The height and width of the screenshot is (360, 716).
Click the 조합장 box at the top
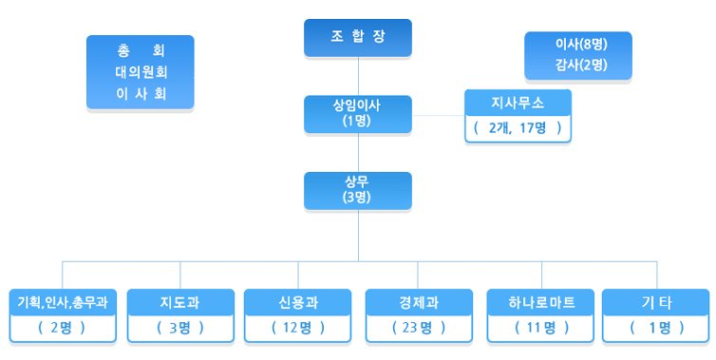click(357, 38)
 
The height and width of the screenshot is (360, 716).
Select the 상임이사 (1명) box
click(357, 113)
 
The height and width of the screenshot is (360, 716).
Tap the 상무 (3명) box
click(357, 190)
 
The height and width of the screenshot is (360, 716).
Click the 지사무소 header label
click(518, 101)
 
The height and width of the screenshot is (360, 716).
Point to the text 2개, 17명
click(518, 127)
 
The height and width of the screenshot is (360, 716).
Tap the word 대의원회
click(141, 72)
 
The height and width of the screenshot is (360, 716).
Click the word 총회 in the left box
click(141, 51)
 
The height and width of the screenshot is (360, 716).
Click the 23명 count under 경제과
click(418, 328)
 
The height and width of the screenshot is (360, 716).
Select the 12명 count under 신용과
click(298, 328)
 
